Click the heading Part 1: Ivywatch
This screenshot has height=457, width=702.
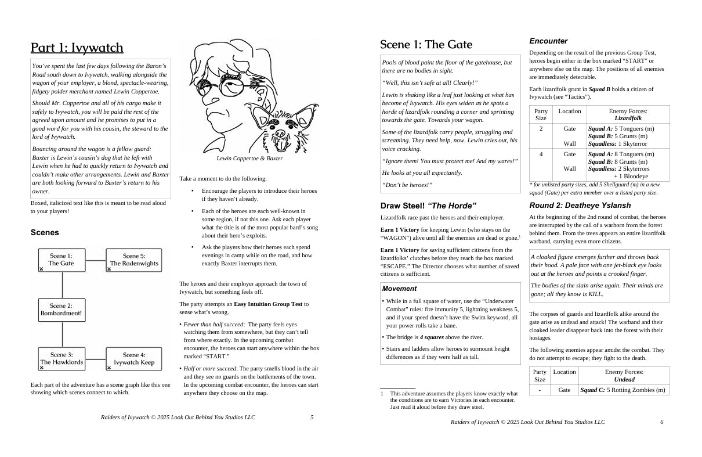(77, 48)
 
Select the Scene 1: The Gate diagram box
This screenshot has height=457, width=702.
(61, 260)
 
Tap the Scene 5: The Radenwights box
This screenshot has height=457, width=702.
(134, 260)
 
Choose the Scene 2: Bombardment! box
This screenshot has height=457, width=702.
(61, 310)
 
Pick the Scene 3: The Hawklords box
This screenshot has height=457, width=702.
(61, 359)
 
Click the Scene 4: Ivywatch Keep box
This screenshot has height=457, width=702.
(134, 359)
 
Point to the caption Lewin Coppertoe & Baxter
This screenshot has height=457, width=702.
(249, 158)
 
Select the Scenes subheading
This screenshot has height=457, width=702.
(45, 232)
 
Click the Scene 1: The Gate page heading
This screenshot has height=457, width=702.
(426, 45)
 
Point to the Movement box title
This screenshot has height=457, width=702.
(399, 289)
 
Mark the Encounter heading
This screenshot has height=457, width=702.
(548, 41)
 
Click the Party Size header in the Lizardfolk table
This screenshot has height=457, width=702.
(541, 114)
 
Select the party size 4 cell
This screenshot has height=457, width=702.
(541, 154)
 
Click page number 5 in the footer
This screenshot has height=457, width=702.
(312, 417)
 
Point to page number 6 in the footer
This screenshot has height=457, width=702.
(661, 422)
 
